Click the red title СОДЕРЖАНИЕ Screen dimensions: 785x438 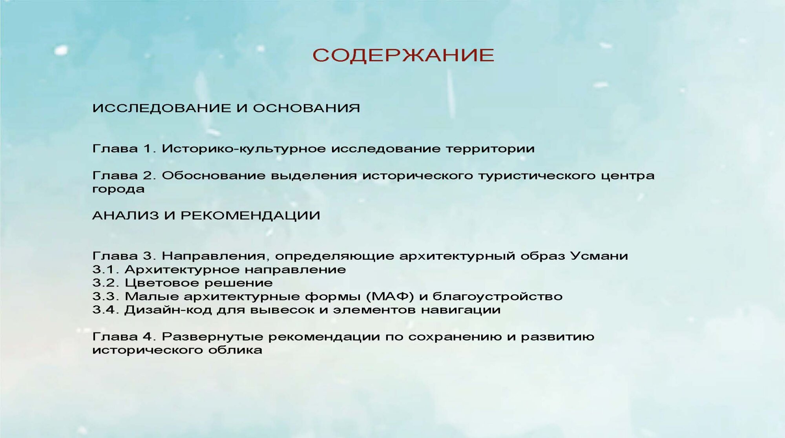coord(403,55)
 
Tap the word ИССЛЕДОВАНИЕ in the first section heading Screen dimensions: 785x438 coord(162,108)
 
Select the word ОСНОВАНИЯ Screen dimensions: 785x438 coord(306,108)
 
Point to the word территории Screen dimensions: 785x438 coord(490,149)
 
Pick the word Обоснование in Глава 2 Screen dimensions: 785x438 coord(214,175)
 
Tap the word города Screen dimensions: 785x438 coord(119,190)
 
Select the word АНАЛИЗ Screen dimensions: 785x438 coord(126,215)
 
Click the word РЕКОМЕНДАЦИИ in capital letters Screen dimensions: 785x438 coord(250,215)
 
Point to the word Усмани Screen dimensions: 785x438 coord(599,256)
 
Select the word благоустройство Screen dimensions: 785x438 coord(497,297)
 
